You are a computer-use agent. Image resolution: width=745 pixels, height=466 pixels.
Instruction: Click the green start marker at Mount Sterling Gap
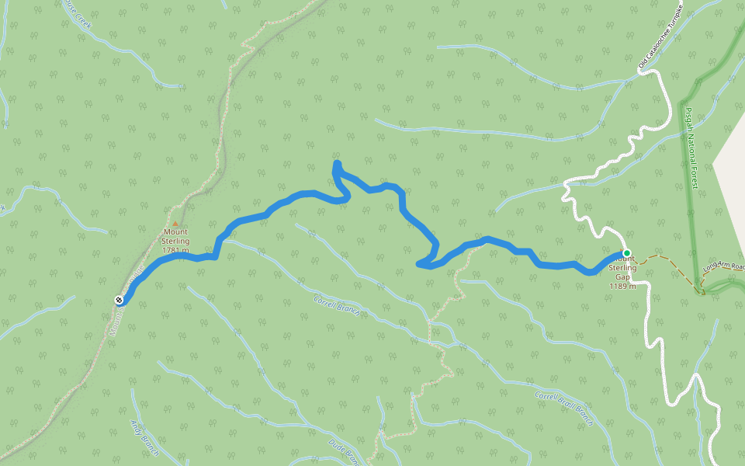click(626, 253)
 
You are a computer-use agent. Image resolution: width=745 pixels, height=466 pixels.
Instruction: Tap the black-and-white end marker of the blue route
click(119, 300)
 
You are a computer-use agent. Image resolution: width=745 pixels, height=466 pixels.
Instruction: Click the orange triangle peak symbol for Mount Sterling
click(175, 224)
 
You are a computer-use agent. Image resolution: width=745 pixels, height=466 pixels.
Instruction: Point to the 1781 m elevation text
click(175, 250)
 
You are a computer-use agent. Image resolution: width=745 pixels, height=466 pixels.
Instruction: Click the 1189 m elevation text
click(622, 286)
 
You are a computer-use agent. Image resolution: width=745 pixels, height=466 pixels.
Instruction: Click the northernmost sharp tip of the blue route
click(336, 164)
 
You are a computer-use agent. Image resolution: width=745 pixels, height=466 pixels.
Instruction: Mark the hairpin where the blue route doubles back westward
click(421, 265)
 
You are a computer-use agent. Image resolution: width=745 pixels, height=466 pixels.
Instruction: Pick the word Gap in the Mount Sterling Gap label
click(622, 276)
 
